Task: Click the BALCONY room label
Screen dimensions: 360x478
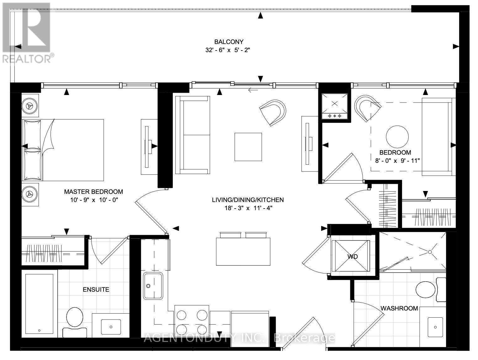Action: coord(229,41)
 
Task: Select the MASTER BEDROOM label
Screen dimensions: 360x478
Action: coord(93,192)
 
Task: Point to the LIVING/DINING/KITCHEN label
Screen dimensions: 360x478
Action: coord(247,200)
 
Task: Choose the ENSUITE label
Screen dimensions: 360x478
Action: coord(96,289)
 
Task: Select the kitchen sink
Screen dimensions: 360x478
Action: coord(153,286)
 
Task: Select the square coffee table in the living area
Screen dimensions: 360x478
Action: coord(248,147)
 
